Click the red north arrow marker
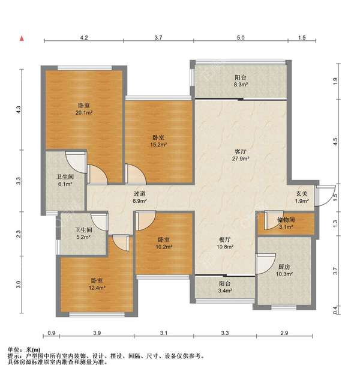(22, 38)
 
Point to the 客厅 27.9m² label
(241, 155)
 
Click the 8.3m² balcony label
(241, 81)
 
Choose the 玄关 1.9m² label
(302, 197)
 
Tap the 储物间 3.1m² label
(286, 223)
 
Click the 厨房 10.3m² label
(284, 270)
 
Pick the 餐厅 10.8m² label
(225, 243)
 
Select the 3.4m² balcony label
(225, 287)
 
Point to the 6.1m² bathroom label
(65, 181)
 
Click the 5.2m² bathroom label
(83, 234)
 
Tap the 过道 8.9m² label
(140, 197)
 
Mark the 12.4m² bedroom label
(97, 284)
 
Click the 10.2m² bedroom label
(164, 243)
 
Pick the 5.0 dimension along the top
(241, 37)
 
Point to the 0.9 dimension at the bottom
(52, 333)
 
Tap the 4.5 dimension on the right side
(335, 141)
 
